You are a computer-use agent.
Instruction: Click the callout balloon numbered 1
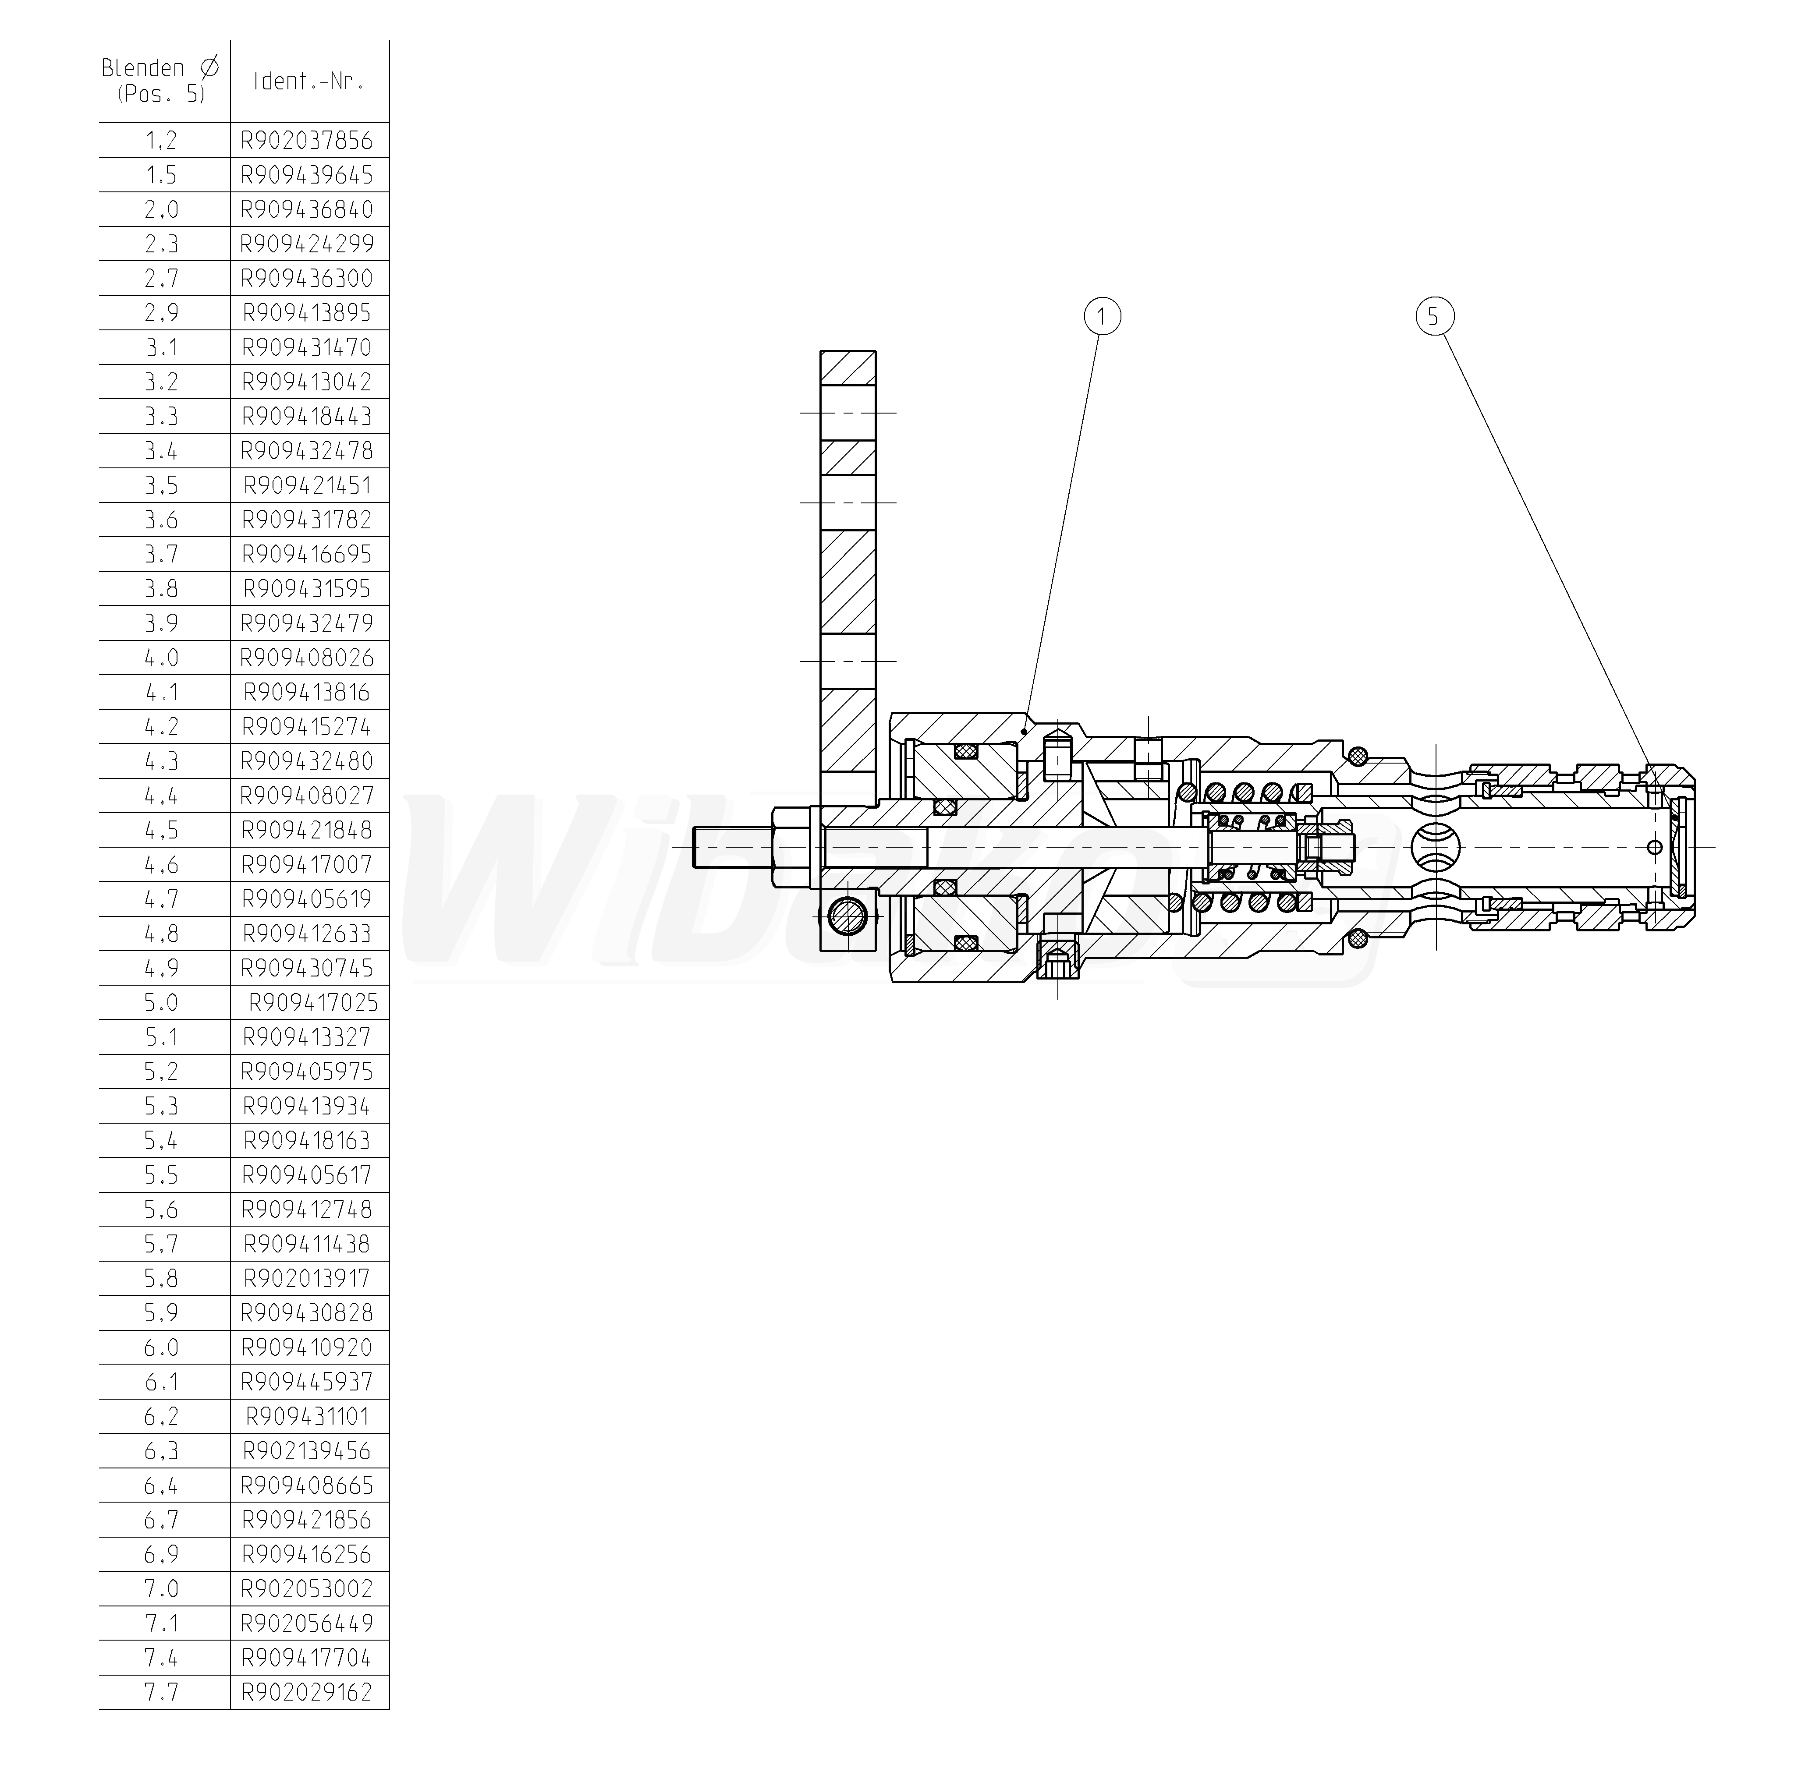tap(1102, 317)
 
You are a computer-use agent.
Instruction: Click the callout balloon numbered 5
tap(1433, 317)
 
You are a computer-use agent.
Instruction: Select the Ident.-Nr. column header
tap(309, 81)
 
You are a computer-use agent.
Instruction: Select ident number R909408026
tap(308, 658)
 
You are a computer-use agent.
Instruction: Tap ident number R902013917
tap(308, 1278)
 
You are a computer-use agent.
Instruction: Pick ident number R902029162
tap(308, 1692)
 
